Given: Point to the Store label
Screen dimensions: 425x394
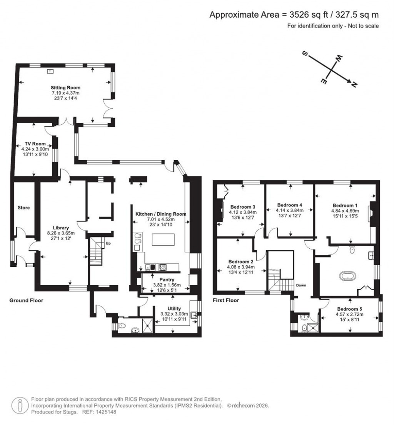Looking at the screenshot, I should point(23,208).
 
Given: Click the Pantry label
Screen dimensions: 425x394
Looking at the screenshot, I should point(167,279).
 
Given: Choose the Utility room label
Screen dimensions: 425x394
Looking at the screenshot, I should point(174,308).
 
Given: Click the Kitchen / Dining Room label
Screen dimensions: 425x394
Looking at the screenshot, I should point(160,214).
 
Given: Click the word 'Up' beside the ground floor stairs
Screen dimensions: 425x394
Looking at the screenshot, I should point(109,244).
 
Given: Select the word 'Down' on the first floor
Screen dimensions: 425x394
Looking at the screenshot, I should point(301,286).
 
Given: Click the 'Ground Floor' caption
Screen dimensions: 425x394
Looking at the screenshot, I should point(26,300).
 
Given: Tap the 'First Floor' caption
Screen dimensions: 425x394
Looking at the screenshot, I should point(226,300).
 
